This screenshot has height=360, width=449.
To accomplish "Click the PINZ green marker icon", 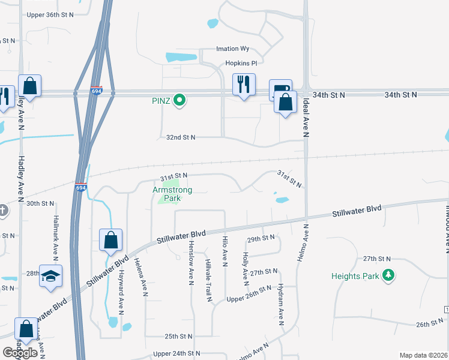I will pyautogui.click(x=179, y=100).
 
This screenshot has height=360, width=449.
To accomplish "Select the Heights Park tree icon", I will pyautogui.click(x=390, y=275).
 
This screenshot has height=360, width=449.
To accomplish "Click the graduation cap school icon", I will pyautogui.click(x=51, y=276).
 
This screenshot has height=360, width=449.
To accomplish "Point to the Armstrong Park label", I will pyautogui.click(x=172, y=194).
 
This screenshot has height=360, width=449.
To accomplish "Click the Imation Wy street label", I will pyautogui.click(x=237, y=49).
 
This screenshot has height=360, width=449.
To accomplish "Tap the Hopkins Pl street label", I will pyautogui.click(x=241, y=62).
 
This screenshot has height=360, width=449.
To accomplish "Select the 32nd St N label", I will pyautogui.click(x=181, y=137).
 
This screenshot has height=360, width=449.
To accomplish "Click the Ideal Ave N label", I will pyautogui.click(x=306, y=115).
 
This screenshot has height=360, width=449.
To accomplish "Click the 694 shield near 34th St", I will pyautogui.click(x=97, y=90).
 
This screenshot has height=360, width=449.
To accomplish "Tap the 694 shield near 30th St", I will pyautogui.click(x=81, y=188).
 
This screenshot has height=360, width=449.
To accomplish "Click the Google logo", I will pyautogui.click(x=20, y=353).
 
